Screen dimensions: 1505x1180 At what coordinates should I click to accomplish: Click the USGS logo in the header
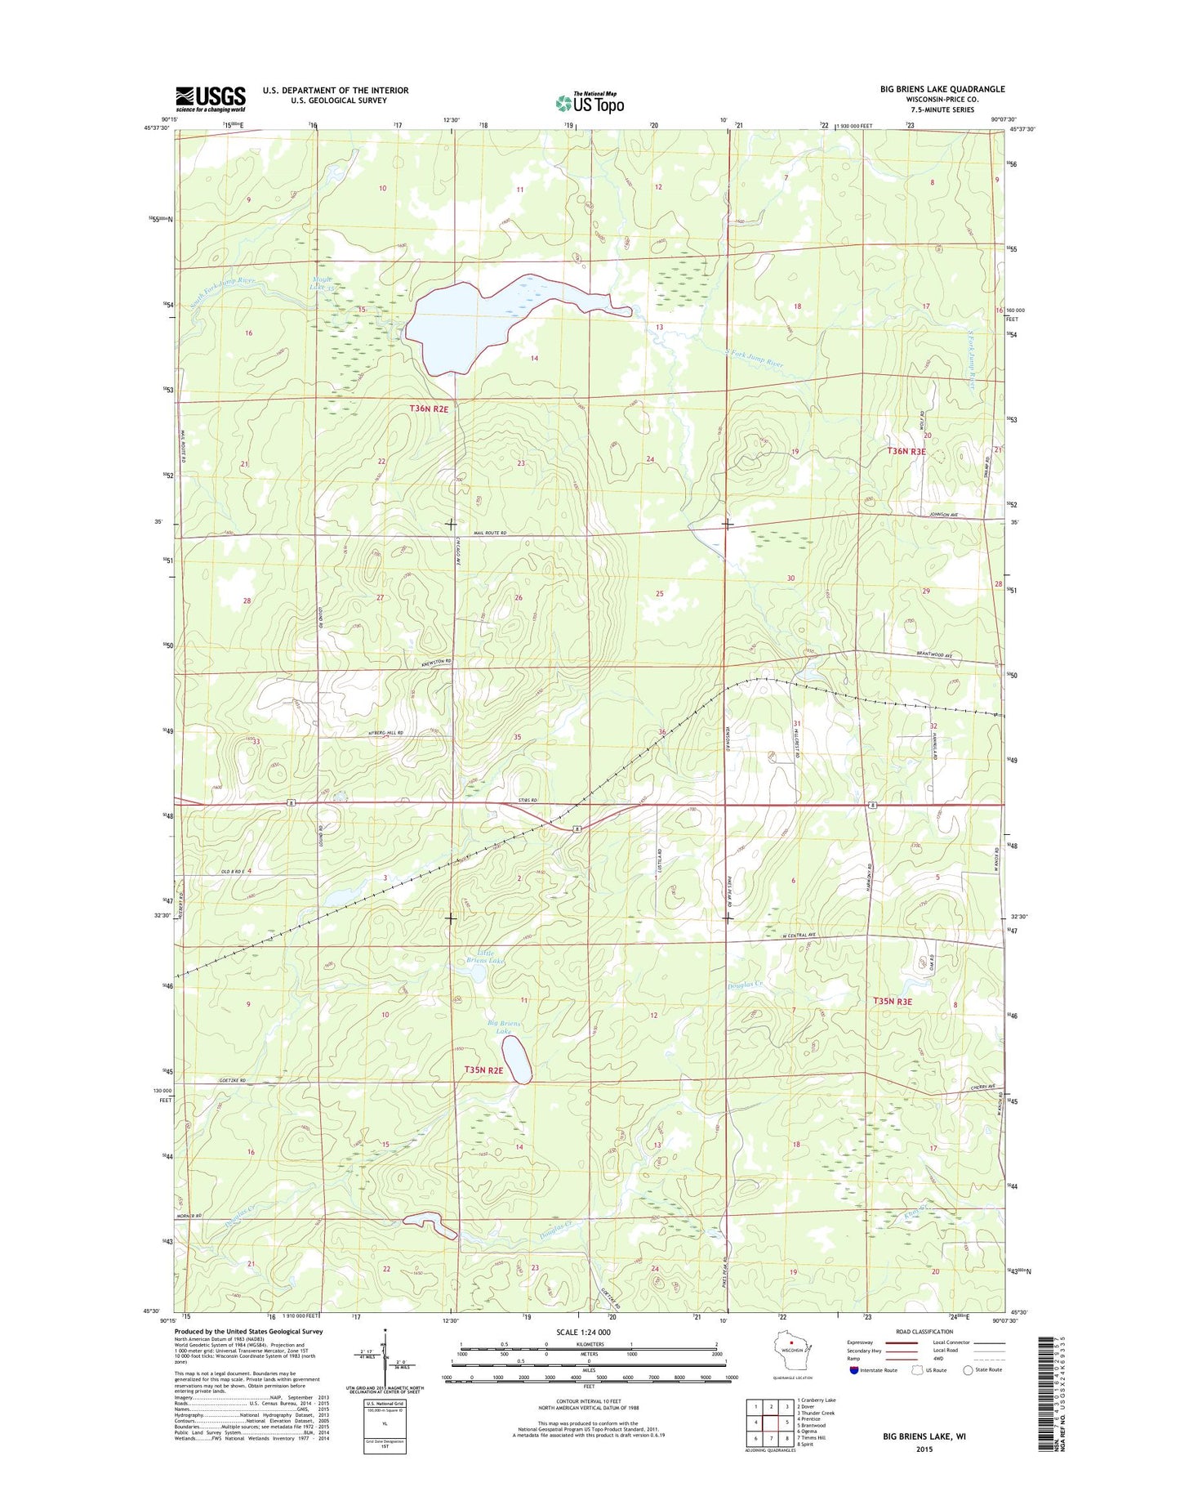pyautogui.click(x=210, y=99)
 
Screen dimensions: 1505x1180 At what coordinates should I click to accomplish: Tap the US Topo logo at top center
pyautogui.click(x=590, y=103)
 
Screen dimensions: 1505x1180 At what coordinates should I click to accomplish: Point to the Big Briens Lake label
pyautogui.click(x=504, y=1027)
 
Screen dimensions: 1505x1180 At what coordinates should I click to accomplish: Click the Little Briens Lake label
pyautogui.click(x=487, y=956)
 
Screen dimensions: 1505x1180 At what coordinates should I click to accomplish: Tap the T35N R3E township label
pyautogui.click(x=893, y=1001)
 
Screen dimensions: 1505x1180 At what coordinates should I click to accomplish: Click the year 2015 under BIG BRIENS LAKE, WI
pyautogui.click(x=923, y=1449)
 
